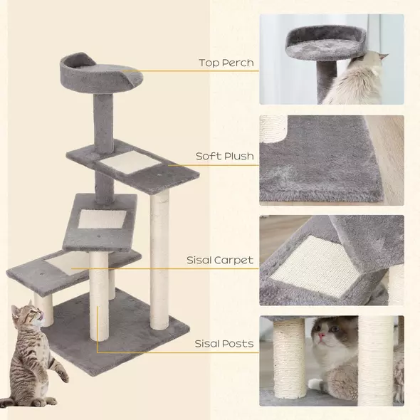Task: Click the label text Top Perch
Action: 226,63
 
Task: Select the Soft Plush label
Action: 225,156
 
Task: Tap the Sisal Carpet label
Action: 219,261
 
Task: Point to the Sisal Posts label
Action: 224,344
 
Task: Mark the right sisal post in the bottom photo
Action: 375,359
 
